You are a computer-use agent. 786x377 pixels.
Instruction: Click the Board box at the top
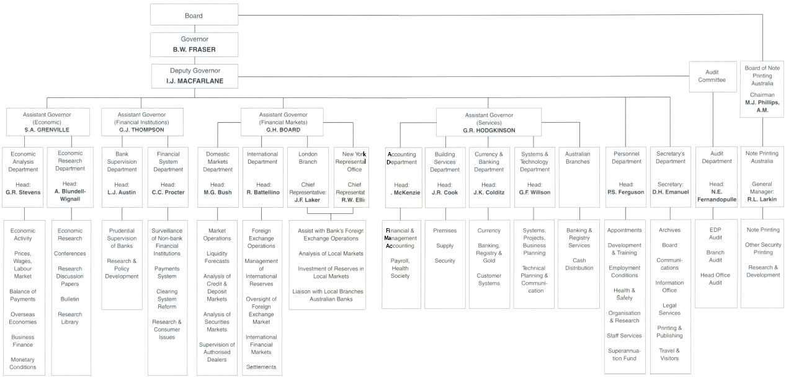[194, 15]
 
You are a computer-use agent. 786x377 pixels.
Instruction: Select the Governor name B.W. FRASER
[194, 49]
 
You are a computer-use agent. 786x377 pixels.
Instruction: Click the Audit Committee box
[712, 76]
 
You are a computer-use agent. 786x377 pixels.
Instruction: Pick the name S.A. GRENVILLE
[47, 130]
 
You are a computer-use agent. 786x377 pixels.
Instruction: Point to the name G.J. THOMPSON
[142, 130]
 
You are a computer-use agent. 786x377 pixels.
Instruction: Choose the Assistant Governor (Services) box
[489, 122]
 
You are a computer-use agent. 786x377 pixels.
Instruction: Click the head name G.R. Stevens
[23, 192]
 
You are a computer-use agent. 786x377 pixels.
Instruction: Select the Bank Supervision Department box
[122, 161]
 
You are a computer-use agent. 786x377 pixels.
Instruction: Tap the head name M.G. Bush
[217, 192]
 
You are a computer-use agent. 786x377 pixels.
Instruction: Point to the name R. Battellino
[263, 192]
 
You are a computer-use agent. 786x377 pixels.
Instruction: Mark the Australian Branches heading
[578, 157]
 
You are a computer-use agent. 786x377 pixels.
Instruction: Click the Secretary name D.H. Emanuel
[670, 192]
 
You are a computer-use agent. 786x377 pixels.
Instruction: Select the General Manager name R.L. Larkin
[762, 200]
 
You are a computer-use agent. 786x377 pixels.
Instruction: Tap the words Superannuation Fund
[625, 354]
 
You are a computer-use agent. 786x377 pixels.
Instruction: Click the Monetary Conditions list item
[23, 363]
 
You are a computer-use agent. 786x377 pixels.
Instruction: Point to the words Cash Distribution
[578, 265]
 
